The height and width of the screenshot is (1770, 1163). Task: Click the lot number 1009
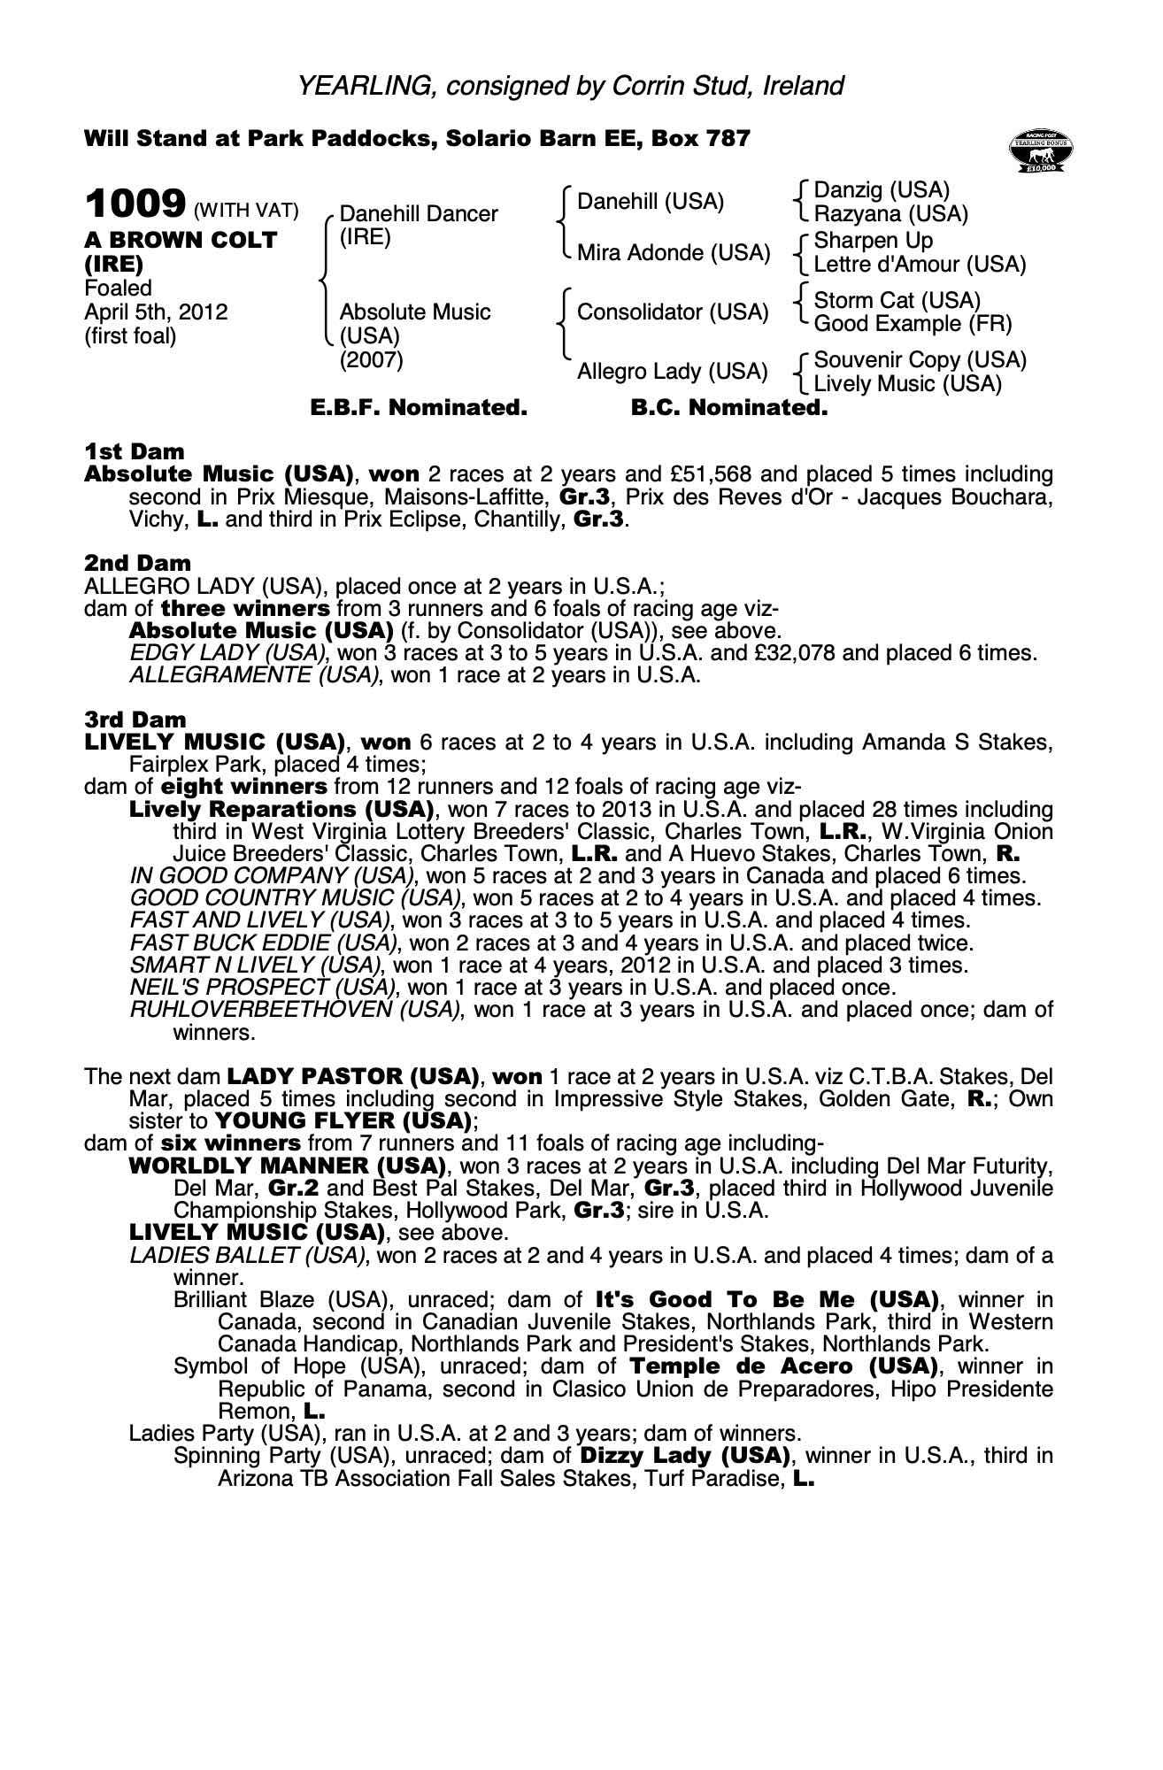135,204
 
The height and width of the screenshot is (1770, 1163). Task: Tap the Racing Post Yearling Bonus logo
1041,151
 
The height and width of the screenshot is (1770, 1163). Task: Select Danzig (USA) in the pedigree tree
882,190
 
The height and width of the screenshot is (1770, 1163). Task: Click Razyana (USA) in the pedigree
890,214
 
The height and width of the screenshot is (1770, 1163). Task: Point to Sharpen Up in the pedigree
873,241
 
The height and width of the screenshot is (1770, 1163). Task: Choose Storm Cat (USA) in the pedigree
897,300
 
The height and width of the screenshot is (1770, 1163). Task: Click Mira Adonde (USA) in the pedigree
674,253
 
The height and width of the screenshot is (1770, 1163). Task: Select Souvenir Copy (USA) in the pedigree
920,360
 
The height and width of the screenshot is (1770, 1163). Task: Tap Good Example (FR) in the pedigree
913,324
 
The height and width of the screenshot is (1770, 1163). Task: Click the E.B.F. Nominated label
419,408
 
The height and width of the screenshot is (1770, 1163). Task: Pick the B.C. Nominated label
729,408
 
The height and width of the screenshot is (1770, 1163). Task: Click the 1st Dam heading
135,452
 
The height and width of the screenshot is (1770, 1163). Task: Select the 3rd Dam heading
135,720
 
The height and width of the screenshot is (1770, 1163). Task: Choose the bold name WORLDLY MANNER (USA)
287,1166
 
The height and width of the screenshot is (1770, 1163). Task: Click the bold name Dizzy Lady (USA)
685,1456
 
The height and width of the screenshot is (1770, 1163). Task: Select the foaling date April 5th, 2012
156,312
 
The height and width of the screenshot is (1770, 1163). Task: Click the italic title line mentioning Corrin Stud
570,86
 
